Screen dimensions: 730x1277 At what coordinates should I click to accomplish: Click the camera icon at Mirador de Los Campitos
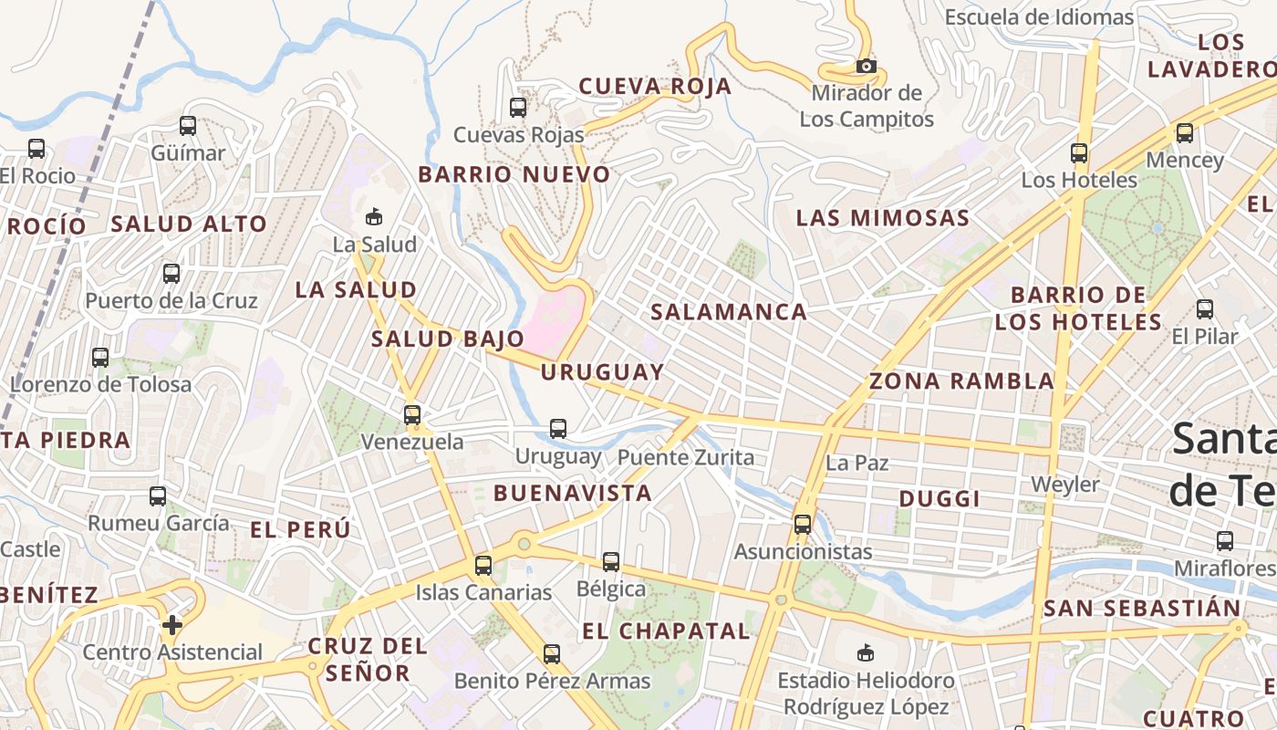click(x=867, y=66)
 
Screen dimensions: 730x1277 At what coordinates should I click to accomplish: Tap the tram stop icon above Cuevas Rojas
click(x=518, y=108)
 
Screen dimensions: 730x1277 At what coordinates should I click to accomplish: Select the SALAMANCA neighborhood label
click(x=728, y=312)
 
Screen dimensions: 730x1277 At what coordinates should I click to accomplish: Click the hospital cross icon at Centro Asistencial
click(x=171, y=625)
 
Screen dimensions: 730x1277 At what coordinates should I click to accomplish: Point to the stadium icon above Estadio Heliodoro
click(x=865, y=652)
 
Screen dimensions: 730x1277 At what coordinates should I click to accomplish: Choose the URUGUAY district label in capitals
click(x=602, y=372)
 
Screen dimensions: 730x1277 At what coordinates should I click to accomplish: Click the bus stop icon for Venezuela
click(x=412, y=415)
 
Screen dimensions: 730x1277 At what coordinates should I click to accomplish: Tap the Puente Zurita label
click(x=686, y=457)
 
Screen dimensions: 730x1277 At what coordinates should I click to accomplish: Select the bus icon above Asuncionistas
click(x=803, y=525)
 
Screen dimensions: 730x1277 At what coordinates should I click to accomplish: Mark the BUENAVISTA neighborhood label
click(x=573, y=494)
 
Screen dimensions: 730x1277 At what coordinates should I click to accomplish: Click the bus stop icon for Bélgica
click(x=611, y=562)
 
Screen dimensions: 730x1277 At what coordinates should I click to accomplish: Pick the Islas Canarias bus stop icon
click(x=483, y=566)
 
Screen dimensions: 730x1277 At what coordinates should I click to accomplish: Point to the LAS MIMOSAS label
click(x=882, y=218)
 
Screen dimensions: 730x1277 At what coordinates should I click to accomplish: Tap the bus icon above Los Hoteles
click(x=1079, y=153)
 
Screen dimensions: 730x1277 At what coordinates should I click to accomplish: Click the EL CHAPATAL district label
click(x=666, y=631)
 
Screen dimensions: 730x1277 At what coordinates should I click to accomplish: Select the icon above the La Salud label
click(x=373, y=217)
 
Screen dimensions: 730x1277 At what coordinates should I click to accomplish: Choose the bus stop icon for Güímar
click(x=188, y=126)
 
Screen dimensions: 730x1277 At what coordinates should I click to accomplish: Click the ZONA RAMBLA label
click(x=961, y=381)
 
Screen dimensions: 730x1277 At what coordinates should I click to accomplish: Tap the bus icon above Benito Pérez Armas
click(x=552, y=654)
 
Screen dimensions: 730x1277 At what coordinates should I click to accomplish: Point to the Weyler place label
click(x=1064, y=484)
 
